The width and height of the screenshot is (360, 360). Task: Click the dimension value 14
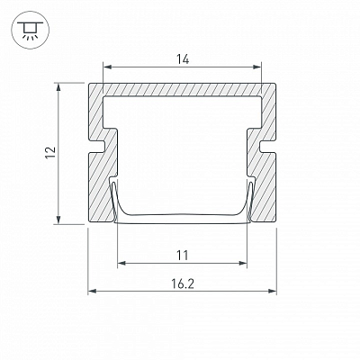(x=183, y=59)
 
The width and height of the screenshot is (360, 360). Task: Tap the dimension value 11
(x=182, y=256)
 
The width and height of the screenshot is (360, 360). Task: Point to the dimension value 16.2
(x=183, y=283)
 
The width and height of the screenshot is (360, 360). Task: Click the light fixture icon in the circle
(x=30, y=31)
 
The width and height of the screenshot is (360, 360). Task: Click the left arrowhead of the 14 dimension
(x=107, y=67)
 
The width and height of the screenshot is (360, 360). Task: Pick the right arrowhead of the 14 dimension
(x=257, y=67)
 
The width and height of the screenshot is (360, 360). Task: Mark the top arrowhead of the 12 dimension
(x=58, y=87)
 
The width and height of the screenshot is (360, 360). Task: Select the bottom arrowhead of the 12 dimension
(x=58, y=220)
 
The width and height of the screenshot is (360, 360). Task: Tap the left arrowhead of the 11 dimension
(x=121, y=263)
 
